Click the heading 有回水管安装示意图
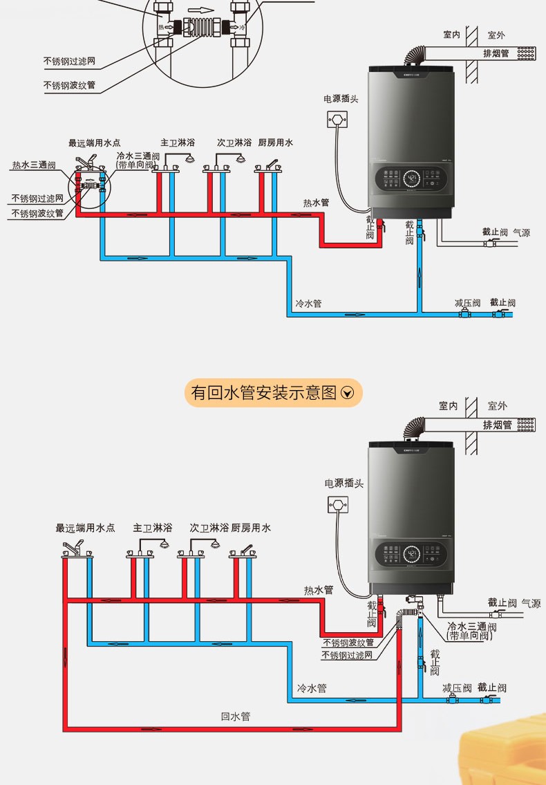[263, 393]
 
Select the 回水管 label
[235, 717]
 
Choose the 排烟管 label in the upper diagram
[496, 53]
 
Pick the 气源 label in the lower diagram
[531, 603]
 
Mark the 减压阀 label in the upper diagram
[467, 303]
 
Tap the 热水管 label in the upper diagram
[315, 203]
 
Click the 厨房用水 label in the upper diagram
[275, 142]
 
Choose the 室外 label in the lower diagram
[497, 406]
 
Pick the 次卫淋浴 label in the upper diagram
[234, 142]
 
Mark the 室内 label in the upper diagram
[451, 34]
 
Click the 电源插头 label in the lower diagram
[343, 483]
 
